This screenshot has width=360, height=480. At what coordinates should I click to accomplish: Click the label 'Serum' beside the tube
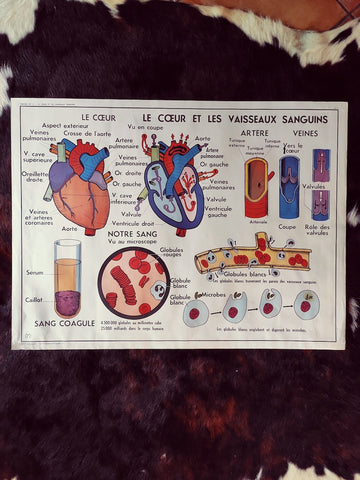pyautogui.click(x=35, y=273)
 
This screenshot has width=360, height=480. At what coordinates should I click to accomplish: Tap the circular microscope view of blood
pyautogui.click(x=133, y=283)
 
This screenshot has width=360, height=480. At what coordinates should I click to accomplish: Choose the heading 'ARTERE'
pyautogui.click(x=254, y=132)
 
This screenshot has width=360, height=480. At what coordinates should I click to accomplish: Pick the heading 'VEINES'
pyautogui.click(x=306, y=132)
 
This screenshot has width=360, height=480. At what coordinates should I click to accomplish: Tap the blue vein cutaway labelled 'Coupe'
pyautogui.click(x=289, y=187)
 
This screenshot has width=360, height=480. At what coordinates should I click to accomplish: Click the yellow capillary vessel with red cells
pyautogui.click(x=252, y=256)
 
